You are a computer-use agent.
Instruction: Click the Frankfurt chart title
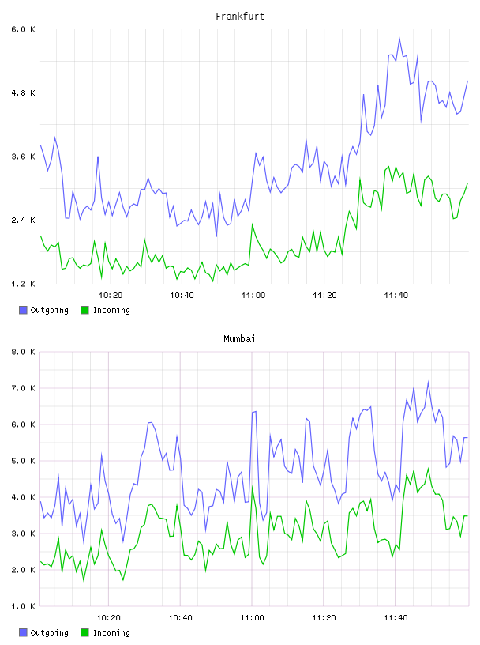pos(240,17)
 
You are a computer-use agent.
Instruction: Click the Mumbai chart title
pos(239,339)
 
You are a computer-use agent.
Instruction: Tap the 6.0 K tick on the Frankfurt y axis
pos(24,29)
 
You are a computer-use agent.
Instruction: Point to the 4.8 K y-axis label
pos(24,93)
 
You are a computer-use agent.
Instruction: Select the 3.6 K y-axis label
pos(24,157)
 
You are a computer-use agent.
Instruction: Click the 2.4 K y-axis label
pos(24,220)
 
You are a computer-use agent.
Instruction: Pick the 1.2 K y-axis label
pos(24,284)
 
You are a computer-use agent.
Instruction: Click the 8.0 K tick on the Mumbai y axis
pos(24,352)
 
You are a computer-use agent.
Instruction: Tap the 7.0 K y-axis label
pos(24,388)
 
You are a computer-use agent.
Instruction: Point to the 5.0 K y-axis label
pos(24,461)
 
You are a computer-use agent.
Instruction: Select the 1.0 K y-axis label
pos(24,606)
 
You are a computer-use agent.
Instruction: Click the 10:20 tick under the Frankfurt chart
pos(111,296)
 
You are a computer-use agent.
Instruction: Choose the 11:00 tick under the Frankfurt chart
pos(253,296)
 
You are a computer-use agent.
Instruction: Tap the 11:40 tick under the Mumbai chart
pos(396,618)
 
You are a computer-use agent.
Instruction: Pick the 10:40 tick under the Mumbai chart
pos(181,618)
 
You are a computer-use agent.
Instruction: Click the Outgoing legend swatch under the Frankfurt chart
pos(23,310)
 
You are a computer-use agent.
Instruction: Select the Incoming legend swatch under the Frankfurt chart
pos(84,310)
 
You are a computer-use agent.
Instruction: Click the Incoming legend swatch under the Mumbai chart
pos(84,632)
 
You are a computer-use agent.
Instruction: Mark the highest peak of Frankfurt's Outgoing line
pos(399,38)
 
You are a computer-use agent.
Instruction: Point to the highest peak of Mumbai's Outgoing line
pos(428,382)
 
